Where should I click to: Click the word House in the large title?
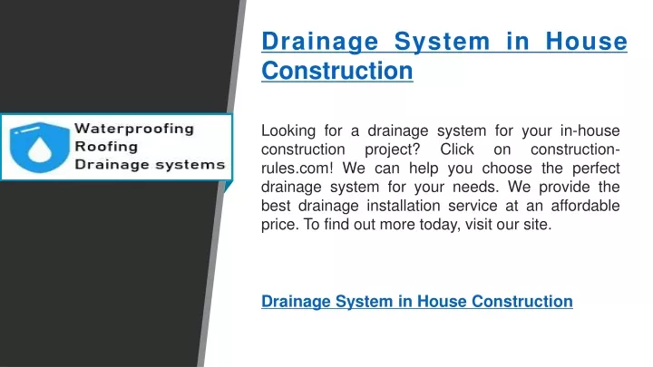point(586,42)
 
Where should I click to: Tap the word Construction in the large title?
point(337,71)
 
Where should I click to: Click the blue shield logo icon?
point(40,148)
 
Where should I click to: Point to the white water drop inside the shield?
point(40,150)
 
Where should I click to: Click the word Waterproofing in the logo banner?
point(134,129)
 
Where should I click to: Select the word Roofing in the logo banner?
point(106,147)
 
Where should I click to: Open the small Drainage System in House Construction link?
point(417,301)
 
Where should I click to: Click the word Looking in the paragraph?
point(288,131)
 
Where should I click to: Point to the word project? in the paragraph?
point(393,150)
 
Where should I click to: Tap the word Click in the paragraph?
point(457,150)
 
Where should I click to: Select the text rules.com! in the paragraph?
point(297,169)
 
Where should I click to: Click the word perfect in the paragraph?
point(596,169)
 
